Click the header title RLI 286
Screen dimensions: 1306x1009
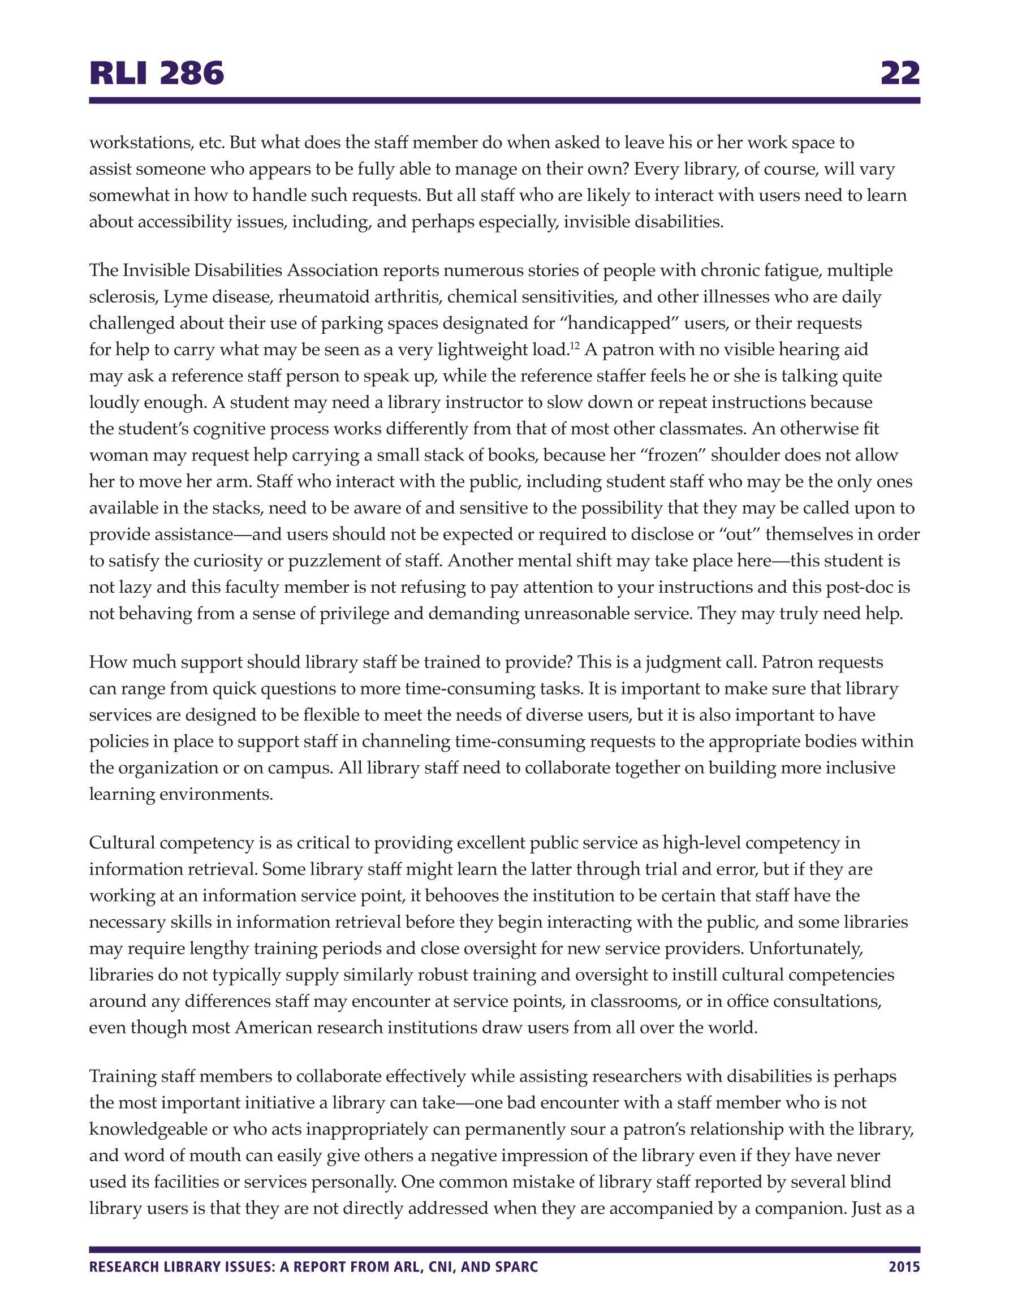(157, 74)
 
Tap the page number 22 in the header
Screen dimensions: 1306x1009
(899, 74)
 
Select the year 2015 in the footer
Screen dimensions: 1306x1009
(904, 1266)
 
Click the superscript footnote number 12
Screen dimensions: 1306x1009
(574, 345)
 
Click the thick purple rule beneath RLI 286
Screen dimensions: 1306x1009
(504, 101)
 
